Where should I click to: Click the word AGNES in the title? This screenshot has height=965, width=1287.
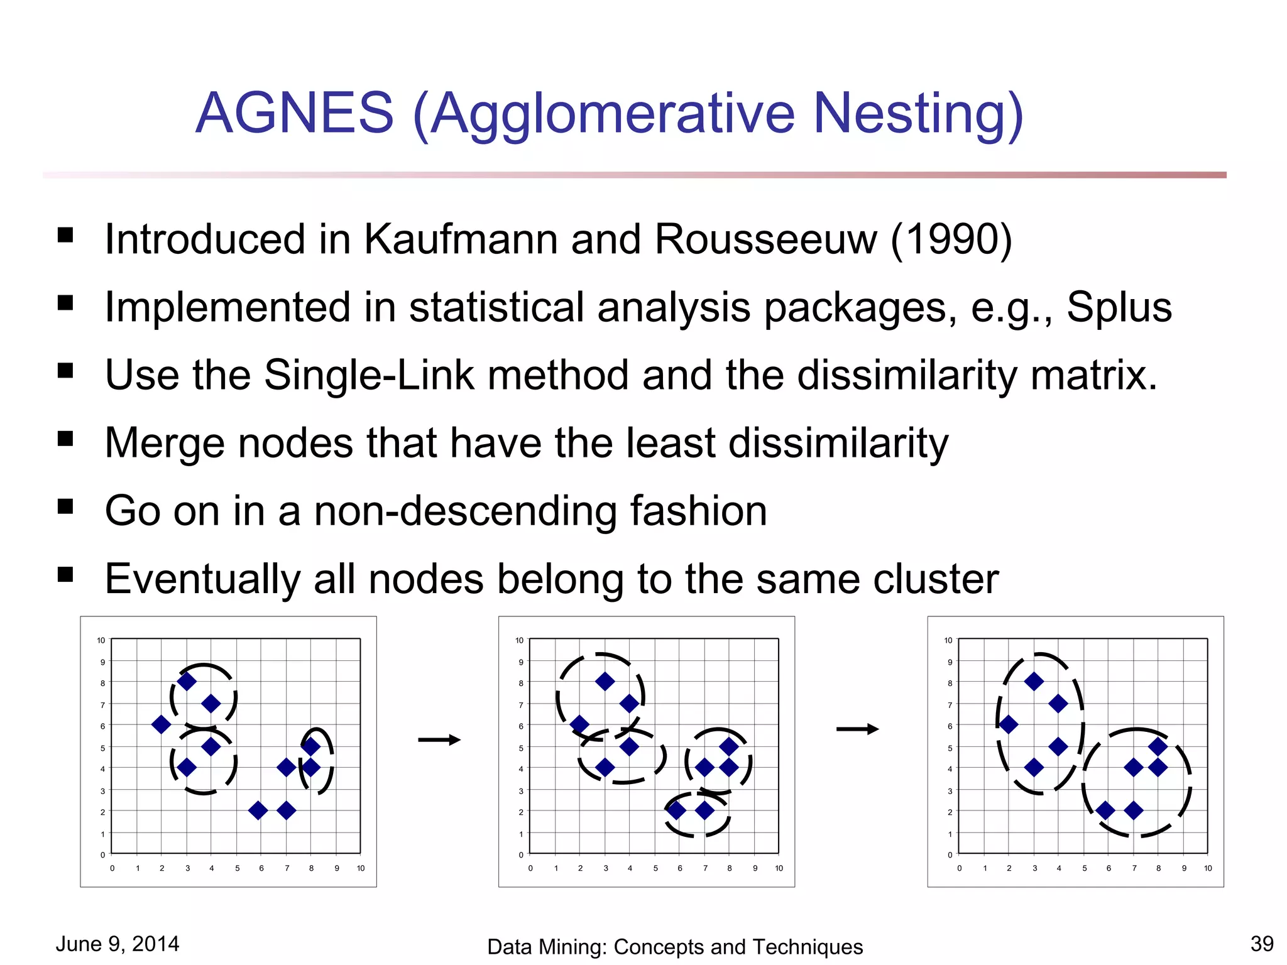pos(294,113)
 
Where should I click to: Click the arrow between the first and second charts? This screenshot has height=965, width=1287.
pos(439,740)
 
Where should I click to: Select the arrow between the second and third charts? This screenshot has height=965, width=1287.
pos(857,729)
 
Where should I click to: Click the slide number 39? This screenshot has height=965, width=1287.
pos(1262,944)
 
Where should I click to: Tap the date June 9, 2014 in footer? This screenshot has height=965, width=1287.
pos(118,944)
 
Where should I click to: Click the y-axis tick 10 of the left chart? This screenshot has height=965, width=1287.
pos(101,640)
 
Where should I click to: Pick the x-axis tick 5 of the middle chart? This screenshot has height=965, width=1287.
pos(655,868)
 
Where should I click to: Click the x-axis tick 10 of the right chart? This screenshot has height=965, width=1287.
pos(1207,868)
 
